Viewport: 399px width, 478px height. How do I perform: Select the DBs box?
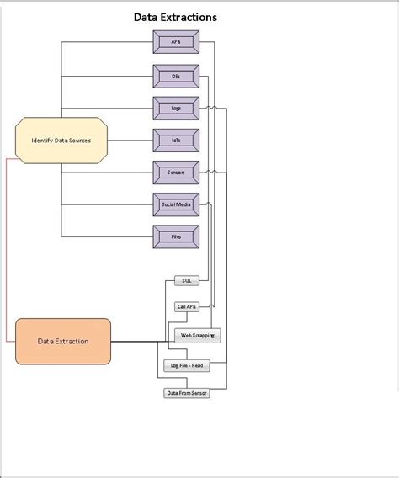175,75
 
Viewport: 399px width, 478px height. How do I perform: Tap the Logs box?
175,108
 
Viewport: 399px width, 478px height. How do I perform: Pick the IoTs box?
175,140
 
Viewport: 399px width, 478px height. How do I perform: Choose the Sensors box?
175,172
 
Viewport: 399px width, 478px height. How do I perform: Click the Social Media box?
175,204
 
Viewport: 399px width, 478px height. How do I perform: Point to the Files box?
175,236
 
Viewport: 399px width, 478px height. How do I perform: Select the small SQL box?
187,280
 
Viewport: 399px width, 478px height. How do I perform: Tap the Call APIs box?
187,307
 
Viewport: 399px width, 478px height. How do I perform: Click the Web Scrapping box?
198,335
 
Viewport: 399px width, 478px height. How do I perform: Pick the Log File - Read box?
185,366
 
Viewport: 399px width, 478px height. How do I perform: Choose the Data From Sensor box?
186,393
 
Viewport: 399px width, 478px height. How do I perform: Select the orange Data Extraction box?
62,341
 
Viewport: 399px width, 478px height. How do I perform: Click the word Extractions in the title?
195,17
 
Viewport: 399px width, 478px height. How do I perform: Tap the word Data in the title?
148,17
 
